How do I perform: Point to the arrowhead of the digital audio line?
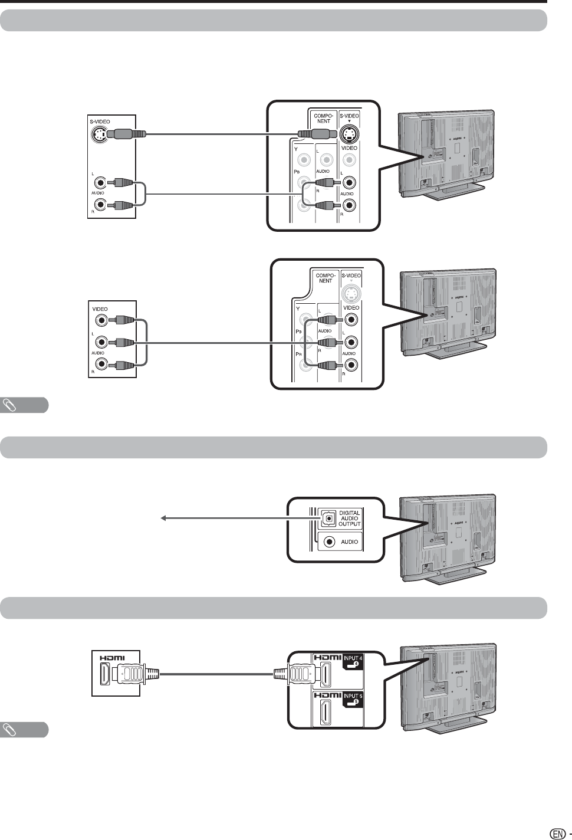(x=164, y=519)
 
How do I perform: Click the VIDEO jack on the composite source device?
(x=103, y=321)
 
